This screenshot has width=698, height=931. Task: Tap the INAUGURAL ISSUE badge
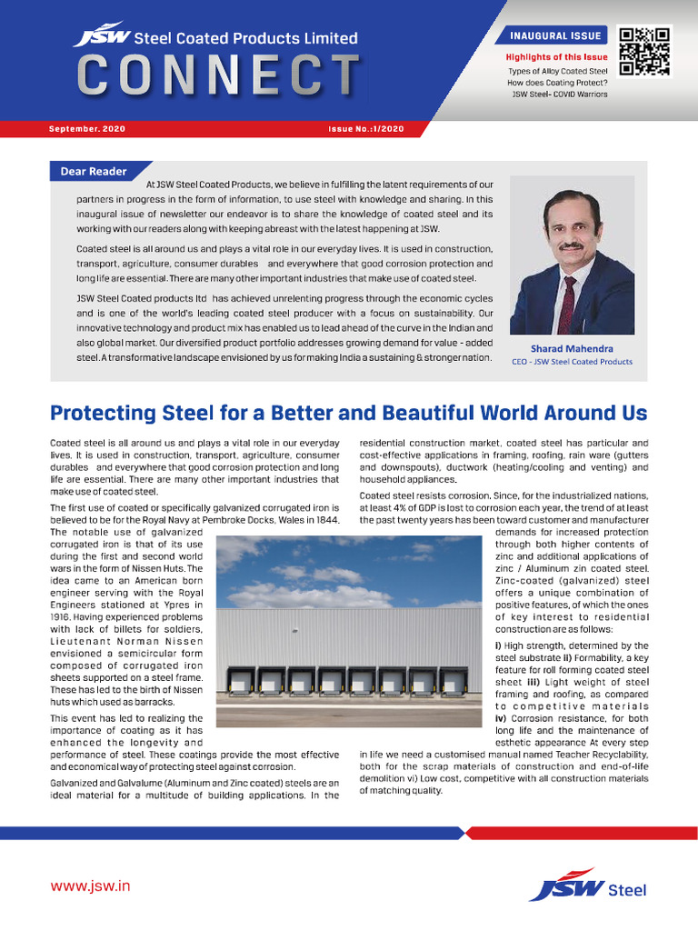555,36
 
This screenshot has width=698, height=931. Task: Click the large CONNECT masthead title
217,75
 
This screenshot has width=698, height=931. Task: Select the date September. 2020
87,130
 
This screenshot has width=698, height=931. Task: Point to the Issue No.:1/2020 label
365,130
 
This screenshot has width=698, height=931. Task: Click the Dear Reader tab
94,171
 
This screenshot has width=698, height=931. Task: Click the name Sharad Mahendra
572,347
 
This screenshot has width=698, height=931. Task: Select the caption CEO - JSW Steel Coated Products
572,361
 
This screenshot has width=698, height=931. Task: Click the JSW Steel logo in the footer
589,886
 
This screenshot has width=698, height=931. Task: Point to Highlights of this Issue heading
556,56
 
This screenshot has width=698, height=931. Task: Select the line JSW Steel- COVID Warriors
559,94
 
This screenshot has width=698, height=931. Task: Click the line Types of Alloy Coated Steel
557,71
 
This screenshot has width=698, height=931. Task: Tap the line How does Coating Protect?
557,83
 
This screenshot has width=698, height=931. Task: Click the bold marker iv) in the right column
501,718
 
